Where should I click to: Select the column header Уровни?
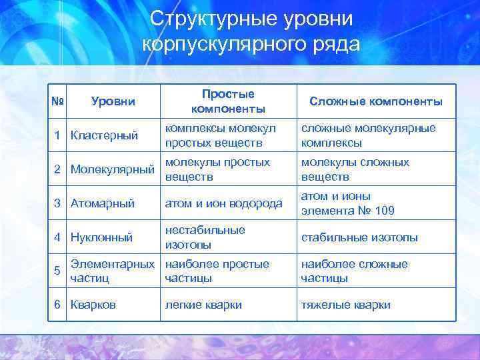coord(113,101)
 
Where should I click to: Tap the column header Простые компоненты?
coord(228,101)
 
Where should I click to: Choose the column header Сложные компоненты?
coord(376,101)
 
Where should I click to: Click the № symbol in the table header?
coord(57,101)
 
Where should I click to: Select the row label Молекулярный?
coord(112,169)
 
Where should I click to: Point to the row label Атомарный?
coord(103,203)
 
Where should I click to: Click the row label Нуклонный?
coord(101,237)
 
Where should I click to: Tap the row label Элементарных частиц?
coord(111,271)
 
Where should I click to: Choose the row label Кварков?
coord(93,305)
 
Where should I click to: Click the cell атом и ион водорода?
coord(223,203)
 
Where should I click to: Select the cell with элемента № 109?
coord(347,211)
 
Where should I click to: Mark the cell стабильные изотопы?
coord(359,237)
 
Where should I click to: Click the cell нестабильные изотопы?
coord(205,237)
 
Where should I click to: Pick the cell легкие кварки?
coord(203,305)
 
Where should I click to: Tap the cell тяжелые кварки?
coord(345,305)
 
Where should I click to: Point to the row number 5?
coord(57,271)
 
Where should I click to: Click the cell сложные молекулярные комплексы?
coord(368,135)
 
